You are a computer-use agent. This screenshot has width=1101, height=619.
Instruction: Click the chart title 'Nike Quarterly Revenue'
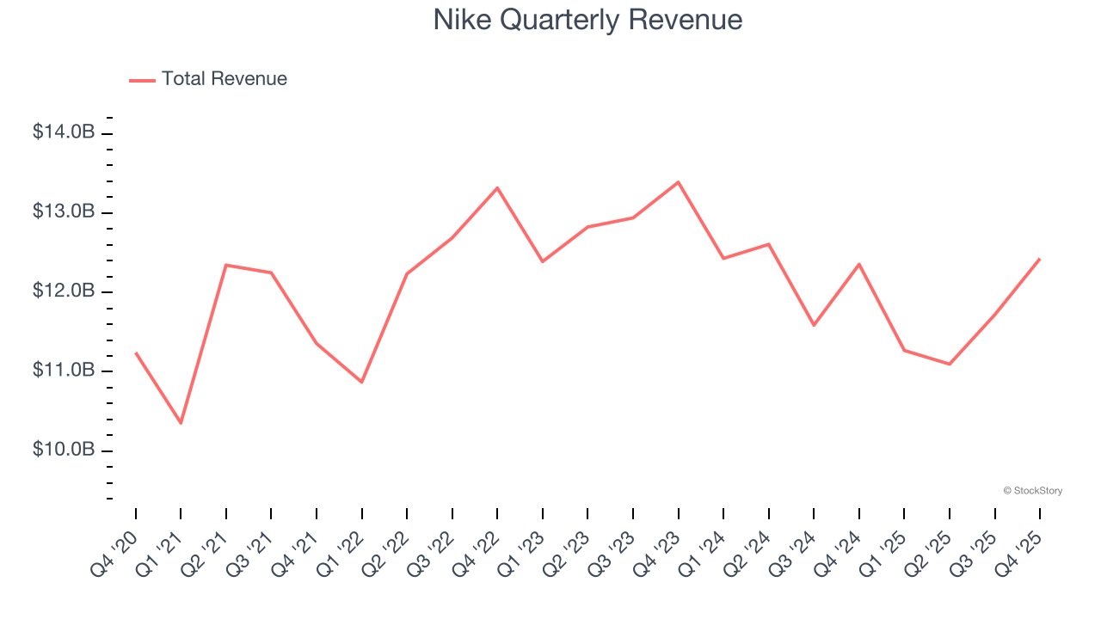[587, 20]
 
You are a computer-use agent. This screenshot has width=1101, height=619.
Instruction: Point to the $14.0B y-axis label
[64, 132]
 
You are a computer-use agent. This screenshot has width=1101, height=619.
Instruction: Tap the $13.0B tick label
[64, 211]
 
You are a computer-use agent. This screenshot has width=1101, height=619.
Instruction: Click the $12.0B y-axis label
[64, 291]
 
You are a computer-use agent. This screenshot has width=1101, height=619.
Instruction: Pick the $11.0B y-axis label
[64, 371]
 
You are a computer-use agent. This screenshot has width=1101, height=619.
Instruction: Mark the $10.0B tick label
[64, 450]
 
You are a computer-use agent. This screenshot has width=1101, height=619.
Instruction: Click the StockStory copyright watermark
[1032, 491]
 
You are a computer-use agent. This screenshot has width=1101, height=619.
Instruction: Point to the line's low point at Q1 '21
[181, 423]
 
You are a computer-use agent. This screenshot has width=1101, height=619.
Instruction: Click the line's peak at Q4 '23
[678, 182]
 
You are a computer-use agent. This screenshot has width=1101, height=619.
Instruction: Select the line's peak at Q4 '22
[497, 187]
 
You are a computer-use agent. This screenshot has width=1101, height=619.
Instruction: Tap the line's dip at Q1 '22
[362, 382]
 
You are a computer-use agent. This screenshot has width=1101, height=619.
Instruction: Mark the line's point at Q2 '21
[225, 265]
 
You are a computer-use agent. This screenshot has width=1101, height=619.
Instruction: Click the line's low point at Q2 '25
[950, 364]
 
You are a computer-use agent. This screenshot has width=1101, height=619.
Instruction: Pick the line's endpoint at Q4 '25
[1039, 259]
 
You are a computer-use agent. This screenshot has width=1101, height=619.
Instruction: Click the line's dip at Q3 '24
[814, 325]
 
